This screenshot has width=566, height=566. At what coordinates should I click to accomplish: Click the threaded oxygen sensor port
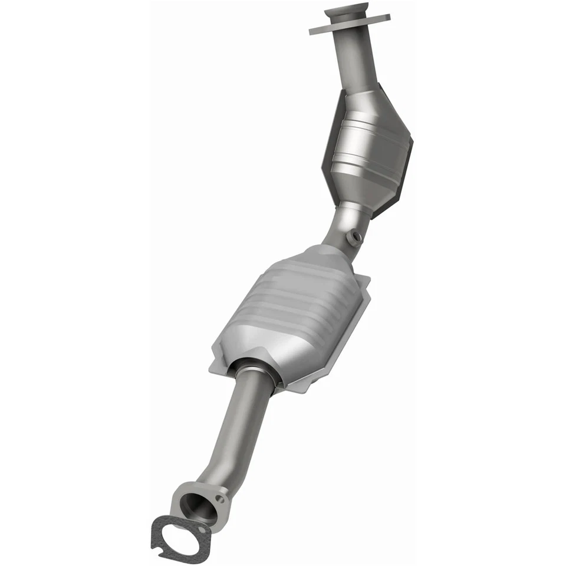pyautogui.click(x=355, y=238)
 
